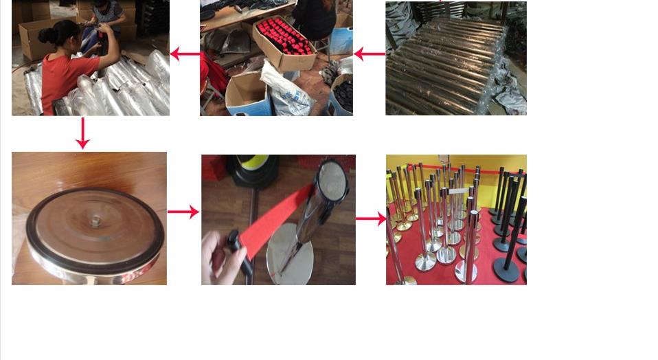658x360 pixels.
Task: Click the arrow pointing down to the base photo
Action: (82, 133)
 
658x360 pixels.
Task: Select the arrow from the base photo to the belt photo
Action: (183, 212)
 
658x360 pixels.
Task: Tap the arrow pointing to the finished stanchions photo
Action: (371, 219)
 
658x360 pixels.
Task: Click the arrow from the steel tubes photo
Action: (369, 54)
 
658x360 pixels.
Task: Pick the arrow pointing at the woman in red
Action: (184, 54)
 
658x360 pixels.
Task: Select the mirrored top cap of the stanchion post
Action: (333, 180)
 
